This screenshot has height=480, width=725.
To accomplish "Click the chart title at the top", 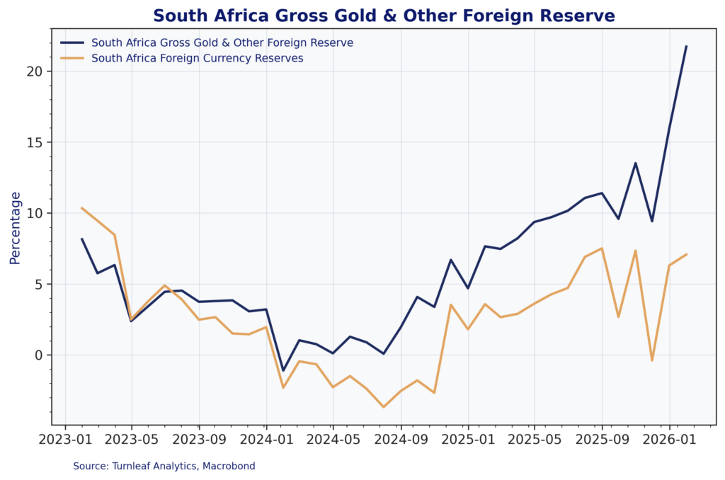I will click(x=384, y=16).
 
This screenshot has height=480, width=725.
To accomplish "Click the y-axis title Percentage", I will click(x=16, y=228).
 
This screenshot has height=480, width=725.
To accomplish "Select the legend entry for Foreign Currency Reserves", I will click(x=198, y=58).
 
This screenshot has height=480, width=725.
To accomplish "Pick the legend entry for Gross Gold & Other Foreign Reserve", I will click(x=222, y=42).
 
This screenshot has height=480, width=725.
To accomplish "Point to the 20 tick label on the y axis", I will click(x=36, y=72).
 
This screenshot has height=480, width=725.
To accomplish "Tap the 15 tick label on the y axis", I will click(x=36, y=142).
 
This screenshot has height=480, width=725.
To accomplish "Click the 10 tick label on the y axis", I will click(x=36, y=213).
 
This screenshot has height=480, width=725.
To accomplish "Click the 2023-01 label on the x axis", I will click(x=65, y=439).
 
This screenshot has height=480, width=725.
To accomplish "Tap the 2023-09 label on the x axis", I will click(x=199, y=439).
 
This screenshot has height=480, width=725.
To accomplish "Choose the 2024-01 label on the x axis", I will click(x=266, y=439).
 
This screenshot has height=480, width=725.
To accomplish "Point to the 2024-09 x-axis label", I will click(x=401, y=439).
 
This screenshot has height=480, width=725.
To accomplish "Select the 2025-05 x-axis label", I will click(x=535, y=439).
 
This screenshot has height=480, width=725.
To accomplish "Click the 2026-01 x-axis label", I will click(x=669, y=439).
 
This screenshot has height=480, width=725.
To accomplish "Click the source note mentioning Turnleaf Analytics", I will click(x=164, y=466).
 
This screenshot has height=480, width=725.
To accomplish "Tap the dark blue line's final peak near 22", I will click(x=686, y=47).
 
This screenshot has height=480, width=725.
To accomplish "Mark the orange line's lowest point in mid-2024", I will click(x=384, y=407).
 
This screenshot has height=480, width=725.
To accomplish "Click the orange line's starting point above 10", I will click(x=82, y=208).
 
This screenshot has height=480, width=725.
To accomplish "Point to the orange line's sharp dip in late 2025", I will click(x=652, y=360).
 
